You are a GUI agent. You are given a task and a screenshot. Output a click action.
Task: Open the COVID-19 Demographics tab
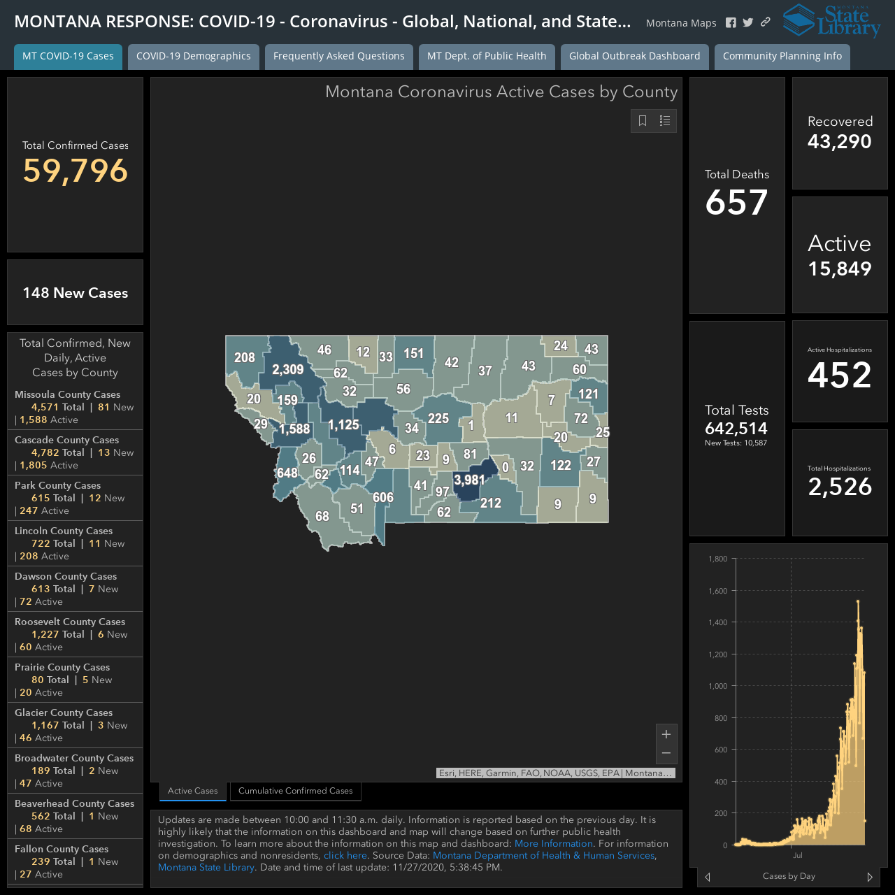193,56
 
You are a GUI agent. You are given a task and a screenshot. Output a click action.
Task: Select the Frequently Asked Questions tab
338,56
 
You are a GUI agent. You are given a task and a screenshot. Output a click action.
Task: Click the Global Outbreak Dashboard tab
634,56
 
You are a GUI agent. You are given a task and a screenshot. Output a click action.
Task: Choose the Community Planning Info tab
782,56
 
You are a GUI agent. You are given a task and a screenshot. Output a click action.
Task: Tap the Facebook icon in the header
731,23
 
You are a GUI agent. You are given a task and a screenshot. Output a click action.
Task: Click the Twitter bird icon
747,22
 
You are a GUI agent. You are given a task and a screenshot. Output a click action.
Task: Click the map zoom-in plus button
666,734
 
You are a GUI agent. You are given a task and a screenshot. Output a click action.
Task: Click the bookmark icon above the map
643,121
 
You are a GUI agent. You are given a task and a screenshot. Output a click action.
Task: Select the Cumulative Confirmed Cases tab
295,791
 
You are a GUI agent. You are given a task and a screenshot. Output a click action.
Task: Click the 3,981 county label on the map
469,480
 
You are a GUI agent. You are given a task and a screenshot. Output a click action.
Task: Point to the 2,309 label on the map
288,370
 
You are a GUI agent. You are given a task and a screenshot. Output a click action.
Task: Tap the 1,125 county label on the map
343,425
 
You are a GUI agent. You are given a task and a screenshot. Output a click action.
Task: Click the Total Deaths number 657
736,202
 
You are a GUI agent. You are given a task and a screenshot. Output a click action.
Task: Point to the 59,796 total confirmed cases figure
76,171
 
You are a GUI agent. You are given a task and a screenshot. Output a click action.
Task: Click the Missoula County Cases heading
67,394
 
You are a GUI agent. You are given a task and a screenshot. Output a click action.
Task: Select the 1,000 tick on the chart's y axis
718,686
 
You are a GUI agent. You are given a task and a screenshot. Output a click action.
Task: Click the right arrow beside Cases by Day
870,876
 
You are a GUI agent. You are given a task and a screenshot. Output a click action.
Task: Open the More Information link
554,843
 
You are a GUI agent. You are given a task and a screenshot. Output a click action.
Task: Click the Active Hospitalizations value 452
839,375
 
